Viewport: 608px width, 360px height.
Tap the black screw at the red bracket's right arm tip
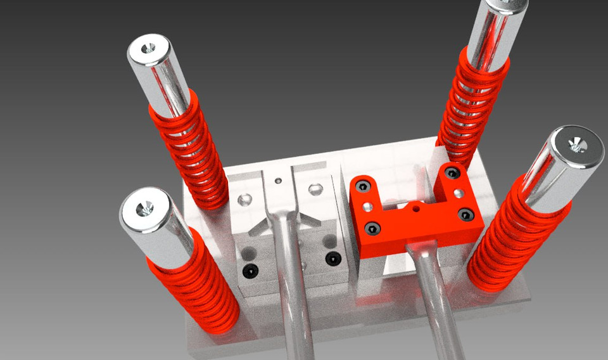[x=451, y=173]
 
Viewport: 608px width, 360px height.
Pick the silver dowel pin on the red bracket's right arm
[x=456, y=192]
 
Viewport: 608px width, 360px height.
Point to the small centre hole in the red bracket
[x=415, y=207]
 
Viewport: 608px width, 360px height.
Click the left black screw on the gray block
[x=252, y=271]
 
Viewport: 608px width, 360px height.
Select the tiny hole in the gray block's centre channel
[x=277, y=181]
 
